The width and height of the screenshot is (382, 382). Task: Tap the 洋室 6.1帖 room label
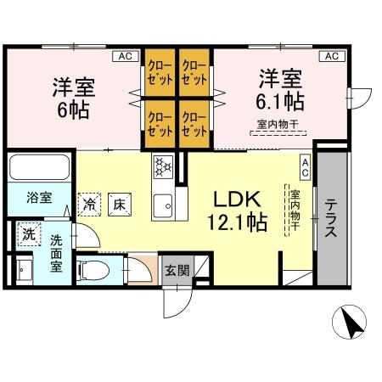coord(281,89)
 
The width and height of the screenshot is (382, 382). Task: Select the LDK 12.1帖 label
coord(240,210)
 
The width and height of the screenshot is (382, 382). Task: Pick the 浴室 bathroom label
coord(38,198)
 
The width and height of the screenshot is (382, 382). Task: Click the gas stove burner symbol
coord(162,166)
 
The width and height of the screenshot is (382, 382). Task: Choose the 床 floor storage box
coord(120,203)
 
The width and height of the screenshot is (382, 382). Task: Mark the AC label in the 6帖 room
coord(125,56)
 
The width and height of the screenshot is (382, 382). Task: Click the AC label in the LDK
coord(304,165)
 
